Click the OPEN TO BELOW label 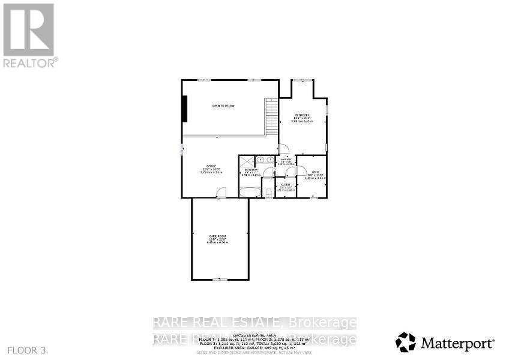coord(223,106)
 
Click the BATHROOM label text coord(251,170)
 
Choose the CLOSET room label coord(286,185)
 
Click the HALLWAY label coord(285,160)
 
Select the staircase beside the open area coord(273,117)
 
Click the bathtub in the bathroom coord(249,192)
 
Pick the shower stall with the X coord(247,161)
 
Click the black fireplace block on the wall coord(186,109)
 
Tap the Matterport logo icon coord(406,343)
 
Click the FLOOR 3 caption coord(26,350)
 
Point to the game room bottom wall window coord(220,280)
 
